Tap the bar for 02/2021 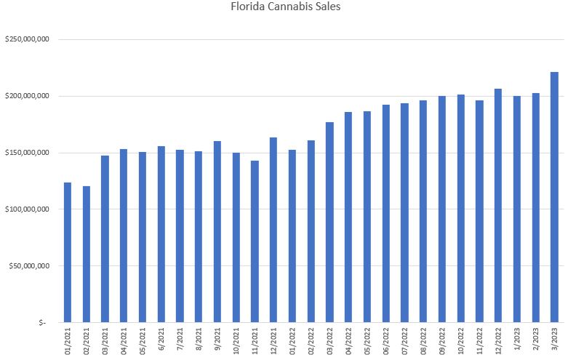[87, 254]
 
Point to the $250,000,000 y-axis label [26, 39]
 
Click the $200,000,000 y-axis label [26, 96]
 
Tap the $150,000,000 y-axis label [26, 153]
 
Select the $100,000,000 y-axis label [26, 209]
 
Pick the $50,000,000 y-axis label [28, 266]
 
